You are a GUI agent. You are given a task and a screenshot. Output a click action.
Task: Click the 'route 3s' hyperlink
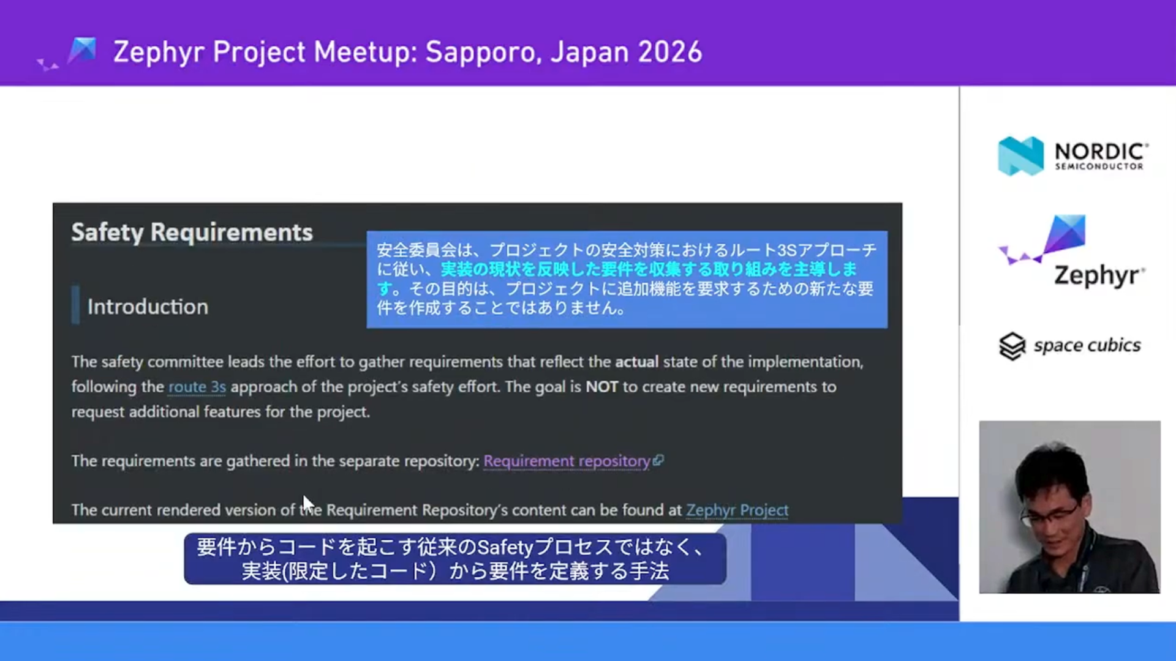pos(197,387)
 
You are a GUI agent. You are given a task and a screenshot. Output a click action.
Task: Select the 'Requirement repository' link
pos(567,461)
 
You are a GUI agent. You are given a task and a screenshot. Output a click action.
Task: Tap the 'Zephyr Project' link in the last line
pos(737,510)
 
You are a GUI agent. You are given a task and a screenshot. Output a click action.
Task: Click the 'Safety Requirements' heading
pos(192,233)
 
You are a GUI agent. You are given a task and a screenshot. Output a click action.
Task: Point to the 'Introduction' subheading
pos(148,306)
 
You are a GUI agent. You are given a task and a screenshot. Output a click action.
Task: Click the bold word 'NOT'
pos(601,387)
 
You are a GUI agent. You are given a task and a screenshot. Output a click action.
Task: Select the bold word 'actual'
pos(636,362)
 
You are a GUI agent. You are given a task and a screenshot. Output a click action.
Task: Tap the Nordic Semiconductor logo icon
pos(1020,155)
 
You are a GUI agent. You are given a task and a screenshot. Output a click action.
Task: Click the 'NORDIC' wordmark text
pos(1101,151)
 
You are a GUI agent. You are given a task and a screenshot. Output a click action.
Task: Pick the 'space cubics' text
pos(1087,345)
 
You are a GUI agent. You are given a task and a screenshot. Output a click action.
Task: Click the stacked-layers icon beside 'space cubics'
pos(1012,346)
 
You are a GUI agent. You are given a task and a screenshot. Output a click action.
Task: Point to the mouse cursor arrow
pos(307,504)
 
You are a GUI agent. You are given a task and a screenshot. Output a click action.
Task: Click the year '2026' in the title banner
pos(669,52)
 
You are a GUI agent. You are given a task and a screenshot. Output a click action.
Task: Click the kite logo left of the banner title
pos(82,51)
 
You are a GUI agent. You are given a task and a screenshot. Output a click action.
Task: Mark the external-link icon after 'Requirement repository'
pos(658,460)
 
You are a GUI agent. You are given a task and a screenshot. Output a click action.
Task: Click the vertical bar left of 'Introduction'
pos(75,305)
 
